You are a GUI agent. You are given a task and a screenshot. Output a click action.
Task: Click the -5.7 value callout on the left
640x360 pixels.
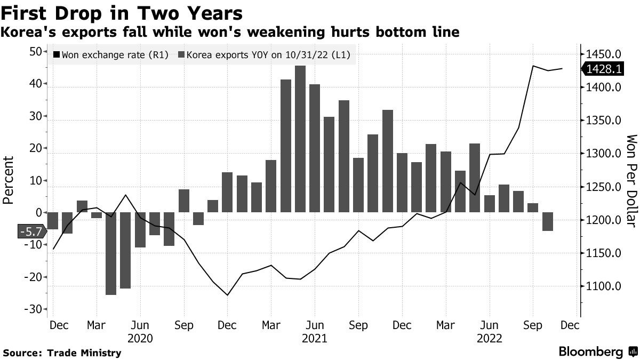tap(32, 231)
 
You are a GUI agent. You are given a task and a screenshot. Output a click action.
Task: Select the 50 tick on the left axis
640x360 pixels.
tap(35, 52)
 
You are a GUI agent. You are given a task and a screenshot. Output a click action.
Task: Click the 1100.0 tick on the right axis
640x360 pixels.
tap(604, 286)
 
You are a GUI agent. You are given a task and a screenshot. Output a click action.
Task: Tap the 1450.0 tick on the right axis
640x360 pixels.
tap(604, 54)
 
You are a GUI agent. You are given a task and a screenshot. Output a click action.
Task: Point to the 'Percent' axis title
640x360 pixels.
tap(9, 180)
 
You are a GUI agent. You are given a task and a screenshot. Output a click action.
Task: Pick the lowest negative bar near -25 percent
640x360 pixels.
tap(111, 253)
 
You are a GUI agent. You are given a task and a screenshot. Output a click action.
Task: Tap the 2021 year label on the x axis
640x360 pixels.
tap(315, 338)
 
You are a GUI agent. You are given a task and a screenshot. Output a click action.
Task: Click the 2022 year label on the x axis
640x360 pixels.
tap(490, 338)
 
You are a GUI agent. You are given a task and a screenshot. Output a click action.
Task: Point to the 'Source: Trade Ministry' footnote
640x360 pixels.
tap(62, 353)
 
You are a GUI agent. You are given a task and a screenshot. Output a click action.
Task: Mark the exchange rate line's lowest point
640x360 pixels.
tap(228, 295)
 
